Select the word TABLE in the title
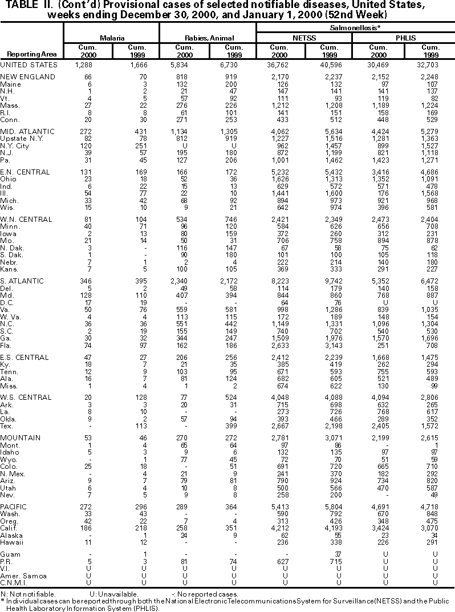point(17,6)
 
